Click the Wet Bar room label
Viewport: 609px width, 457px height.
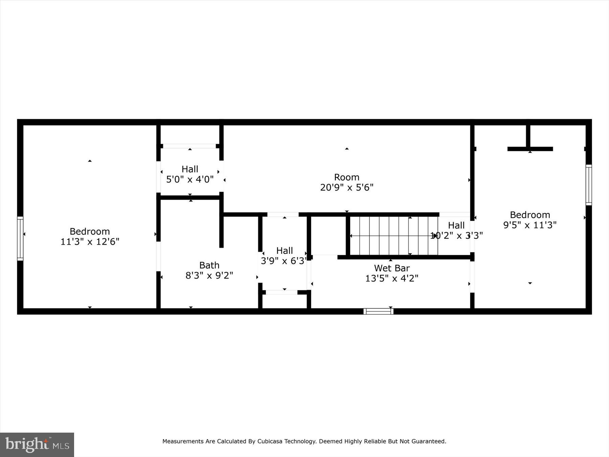[392, 268]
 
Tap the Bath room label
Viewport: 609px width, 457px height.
[209, 265]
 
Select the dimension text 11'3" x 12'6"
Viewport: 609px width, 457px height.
[90, 242]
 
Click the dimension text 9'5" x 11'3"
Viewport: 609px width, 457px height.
[530, 225]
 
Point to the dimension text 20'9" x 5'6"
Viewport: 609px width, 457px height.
[346, 187]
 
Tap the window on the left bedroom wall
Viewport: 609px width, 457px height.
[20, 239]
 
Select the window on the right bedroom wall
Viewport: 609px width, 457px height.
[589, 185]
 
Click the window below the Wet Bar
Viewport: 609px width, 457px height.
[378, 311]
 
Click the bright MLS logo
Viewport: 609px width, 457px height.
[37, 444]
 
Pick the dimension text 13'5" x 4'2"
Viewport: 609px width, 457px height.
[392, 278]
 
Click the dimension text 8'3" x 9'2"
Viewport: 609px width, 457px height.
[209, 276]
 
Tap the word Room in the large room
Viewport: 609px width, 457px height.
[346, 177]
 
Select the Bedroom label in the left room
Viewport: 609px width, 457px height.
[90, 232]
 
